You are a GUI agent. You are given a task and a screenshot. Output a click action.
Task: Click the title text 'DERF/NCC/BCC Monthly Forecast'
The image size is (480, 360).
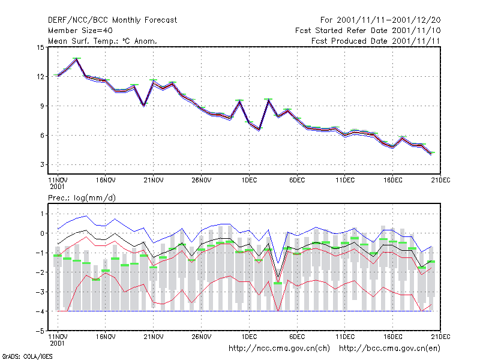(112, 20)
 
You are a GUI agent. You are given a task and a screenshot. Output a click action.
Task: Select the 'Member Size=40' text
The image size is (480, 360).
(80, 31)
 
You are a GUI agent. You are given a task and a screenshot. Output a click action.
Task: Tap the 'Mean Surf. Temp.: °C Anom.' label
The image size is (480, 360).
(103, 41)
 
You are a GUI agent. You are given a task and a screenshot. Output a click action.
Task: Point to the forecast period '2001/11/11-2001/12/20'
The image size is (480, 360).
(388, 20)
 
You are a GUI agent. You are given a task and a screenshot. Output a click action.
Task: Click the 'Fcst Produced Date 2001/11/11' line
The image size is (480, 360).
(376, 41)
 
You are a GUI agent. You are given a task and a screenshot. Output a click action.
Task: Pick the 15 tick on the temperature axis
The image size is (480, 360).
(40, 47)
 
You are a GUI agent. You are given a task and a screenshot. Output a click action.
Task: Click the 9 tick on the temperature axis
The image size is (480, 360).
(42, 106)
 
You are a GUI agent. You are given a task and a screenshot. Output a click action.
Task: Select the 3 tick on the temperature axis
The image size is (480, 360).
(42, 164)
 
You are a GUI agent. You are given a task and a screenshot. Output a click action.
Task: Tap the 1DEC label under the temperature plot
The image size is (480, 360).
(249, 180)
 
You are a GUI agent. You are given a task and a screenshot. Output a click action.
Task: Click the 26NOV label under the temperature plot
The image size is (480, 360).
(201, 180)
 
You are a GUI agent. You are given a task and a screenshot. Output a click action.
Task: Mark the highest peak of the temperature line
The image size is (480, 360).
(77, 59)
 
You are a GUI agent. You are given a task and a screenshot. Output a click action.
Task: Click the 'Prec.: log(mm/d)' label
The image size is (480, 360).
(82, 198)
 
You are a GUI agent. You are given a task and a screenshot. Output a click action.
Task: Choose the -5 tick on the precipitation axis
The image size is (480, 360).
(40, 331)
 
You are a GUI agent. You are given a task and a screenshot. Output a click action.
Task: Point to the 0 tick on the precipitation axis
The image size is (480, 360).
(42, 233)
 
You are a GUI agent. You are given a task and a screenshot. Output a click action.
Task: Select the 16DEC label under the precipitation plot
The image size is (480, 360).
(393, 337)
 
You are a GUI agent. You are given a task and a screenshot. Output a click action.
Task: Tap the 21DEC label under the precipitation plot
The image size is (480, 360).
(441, 337)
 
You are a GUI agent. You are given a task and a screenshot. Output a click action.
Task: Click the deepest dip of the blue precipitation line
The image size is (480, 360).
(278, 263)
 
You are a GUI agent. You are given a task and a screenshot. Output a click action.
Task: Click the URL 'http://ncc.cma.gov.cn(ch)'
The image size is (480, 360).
(279, 349)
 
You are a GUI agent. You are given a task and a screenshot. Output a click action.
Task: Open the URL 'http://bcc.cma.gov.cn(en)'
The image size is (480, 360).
(389, 349)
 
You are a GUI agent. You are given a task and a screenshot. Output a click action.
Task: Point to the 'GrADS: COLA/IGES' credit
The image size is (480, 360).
(27, 356)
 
